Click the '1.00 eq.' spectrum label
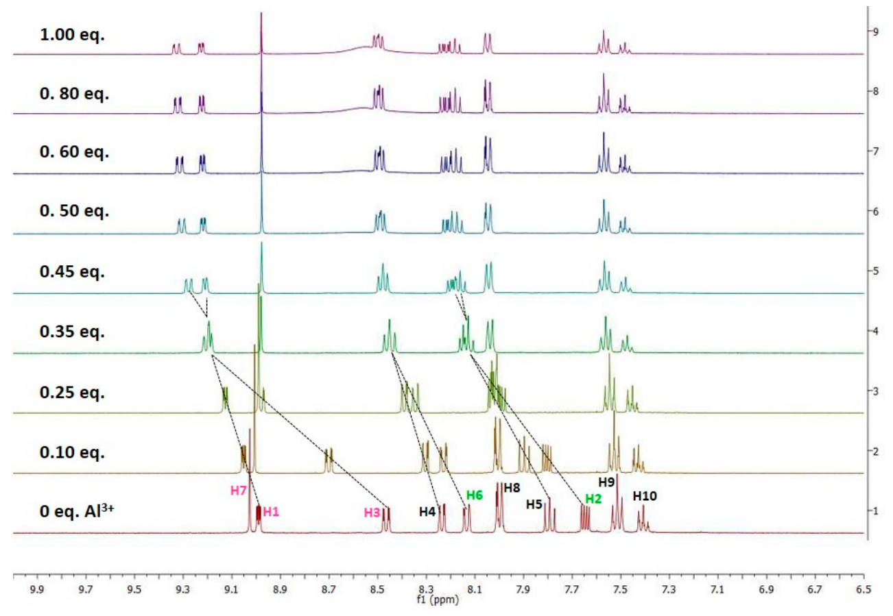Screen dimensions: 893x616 (72, 35)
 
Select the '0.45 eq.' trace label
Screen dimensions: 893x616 (72, 271)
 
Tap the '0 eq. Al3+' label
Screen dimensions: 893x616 (77, 510)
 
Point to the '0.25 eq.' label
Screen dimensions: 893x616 (72, 393)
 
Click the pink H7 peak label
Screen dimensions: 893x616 (239, 491)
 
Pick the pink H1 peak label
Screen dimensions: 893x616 (271, 512)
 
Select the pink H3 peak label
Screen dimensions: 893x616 (372, 513)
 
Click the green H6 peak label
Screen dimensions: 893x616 (475, 495)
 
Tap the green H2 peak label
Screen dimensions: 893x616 (593, 499)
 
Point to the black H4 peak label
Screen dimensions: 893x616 (427, 512)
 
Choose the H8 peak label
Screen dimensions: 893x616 (512, 488)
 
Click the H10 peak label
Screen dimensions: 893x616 (645, 496)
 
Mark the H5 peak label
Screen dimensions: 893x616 (534, 504)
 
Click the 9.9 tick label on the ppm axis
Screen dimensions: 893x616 (37, 589)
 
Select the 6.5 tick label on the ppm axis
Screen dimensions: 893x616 (864, 589)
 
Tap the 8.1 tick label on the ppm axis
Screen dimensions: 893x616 (475, 589)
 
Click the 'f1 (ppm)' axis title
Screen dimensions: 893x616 (438, 600)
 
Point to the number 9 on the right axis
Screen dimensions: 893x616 (876, 32)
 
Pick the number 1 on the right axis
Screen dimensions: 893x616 (876, 511)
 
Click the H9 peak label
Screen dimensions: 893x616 (606, 482)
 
